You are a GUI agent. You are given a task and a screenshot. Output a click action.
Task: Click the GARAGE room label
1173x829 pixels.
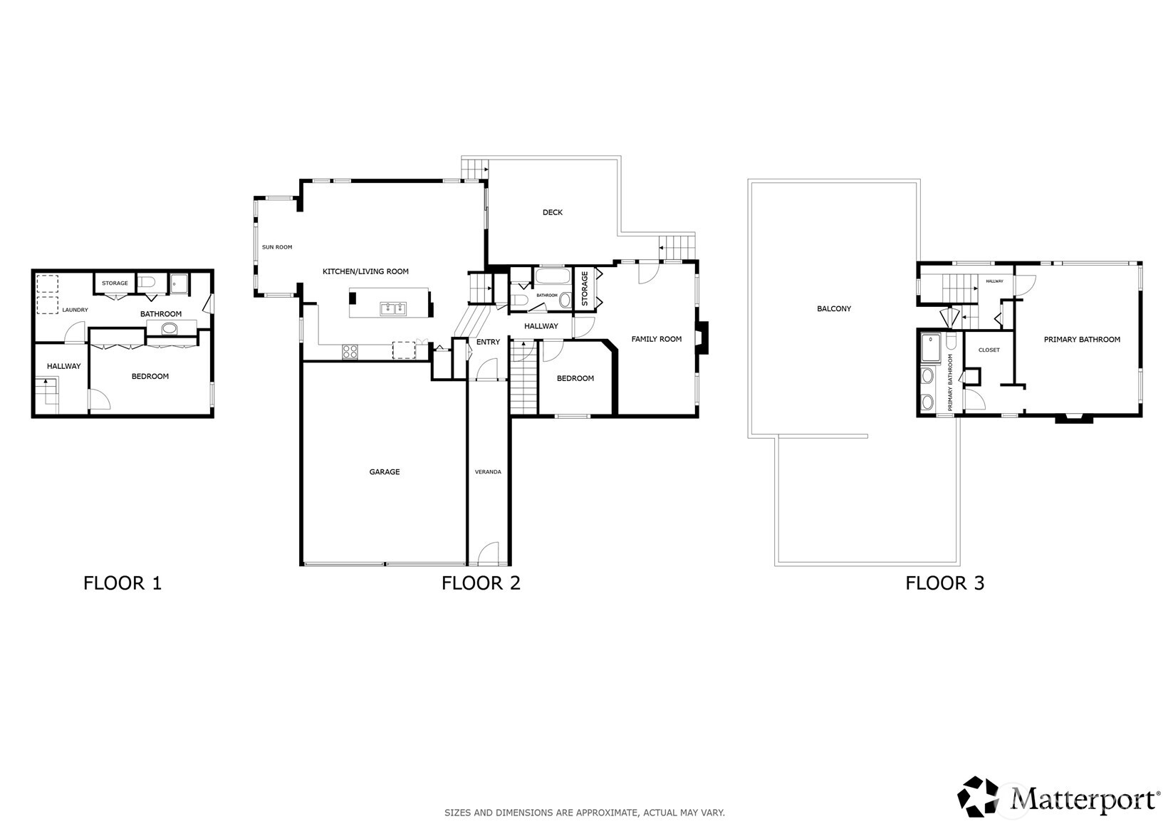click(384, 471)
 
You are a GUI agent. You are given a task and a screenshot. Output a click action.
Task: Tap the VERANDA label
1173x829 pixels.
click(488, 471)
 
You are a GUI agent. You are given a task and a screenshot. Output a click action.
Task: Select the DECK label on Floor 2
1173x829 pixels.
click(552, 212)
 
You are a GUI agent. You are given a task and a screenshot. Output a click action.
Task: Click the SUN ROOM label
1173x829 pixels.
click(277, 247)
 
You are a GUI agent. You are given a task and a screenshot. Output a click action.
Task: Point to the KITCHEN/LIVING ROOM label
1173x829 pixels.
click(365, 271)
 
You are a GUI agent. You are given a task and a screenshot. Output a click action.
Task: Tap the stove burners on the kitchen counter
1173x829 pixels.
click(350, 351)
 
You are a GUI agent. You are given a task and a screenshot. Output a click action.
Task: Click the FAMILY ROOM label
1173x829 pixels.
click(656, 339)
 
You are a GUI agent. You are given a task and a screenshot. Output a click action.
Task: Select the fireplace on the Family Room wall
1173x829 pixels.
click(702, 338)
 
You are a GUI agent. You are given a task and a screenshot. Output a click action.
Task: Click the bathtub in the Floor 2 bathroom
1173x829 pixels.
click(552, 277)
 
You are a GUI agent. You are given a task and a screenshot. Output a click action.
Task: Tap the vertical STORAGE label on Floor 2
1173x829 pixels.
click(585, 288)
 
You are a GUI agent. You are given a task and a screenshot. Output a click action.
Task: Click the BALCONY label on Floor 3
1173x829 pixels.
click(833, 309)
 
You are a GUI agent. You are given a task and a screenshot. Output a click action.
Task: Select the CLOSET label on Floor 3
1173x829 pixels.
click(989, 350)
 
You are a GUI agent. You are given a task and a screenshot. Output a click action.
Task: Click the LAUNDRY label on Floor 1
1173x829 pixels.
click(75, 310)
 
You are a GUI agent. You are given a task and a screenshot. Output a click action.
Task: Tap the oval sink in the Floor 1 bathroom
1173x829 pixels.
click(170, 328)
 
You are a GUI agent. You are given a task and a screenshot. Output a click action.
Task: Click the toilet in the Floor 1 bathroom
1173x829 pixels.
click(147, 283)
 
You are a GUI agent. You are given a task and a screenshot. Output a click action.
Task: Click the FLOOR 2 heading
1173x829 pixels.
click(481, 583)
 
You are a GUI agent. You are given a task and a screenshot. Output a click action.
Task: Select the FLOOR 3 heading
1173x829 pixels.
click(944, 583)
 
